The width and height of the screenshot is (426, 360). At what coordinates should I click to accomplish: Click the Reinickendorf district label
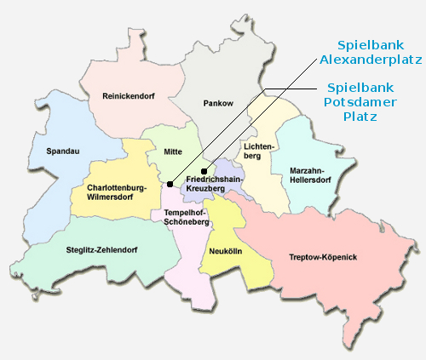tap(125, 95)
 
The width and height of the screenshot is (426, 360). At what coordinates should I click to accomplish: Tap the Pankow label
tap(218, 103)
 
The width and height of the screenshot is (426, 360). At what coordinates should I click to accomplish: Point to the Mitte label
tap(161, 152)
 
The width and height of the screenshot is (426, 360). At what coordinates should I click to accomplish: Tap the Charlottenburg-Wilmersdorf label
tap(117, 191)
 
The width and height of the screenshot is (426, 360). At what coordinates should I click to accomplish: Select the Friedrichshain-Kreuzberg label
tap(216, 186)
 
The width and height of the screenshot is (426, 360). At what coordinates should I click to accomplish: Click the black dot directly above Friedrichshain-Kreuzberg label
tap(204, 172)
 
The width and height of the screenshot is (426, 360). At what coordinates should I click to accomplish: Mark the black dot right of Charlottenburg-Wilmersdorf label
tap(170, 184)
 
